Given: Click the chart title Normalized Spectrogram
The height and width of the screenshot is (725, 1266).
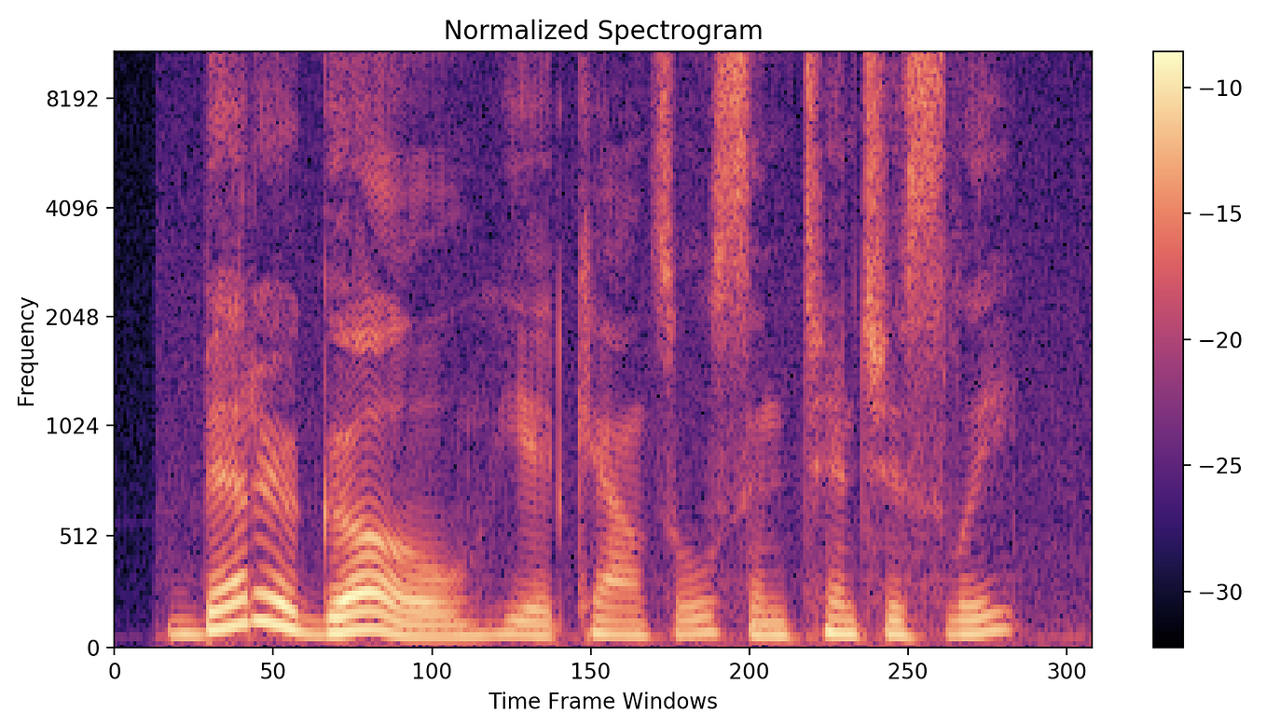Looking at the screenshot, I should [602, 30].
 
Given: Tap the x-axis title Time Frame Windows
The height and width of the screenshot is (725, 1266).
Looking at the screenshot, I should [602, 701].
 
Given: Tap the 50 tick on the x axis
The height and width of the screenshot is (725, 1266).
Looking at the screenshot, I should [272, 669].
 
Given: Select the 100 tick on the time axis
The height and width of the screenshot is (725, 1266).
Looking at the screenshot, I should [431, 669].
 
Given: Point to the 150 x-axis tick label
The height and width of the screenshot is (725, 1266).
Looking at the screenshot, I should [589, 669].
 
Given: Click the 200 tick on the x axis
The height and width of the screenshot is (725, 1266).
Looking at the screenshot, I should [748, 669].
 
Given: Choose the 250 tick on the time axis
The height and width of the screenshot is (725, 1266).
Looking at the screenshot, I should [906, 669].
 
